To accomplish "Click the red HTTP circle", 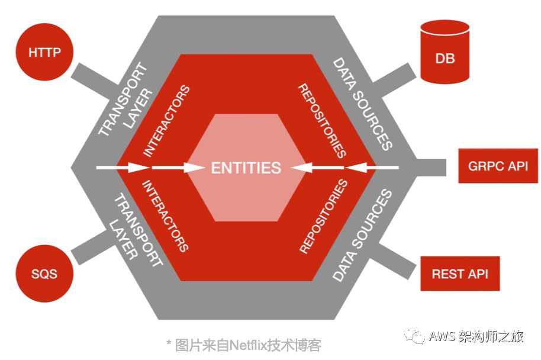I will coord(44,52).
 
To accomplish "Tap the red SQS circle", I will coord(44,274).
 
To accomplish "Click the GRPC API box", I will coord(498,166).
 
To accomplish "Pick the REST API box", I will coord(460,274).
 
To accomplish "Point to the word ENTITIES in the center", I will coord(246,168).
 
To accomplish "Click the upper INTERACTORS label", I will coord(167,121).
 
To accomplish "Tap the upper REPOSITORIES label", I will coord(322,121).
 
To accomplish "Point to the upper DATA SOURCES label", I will coord(362,104).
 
